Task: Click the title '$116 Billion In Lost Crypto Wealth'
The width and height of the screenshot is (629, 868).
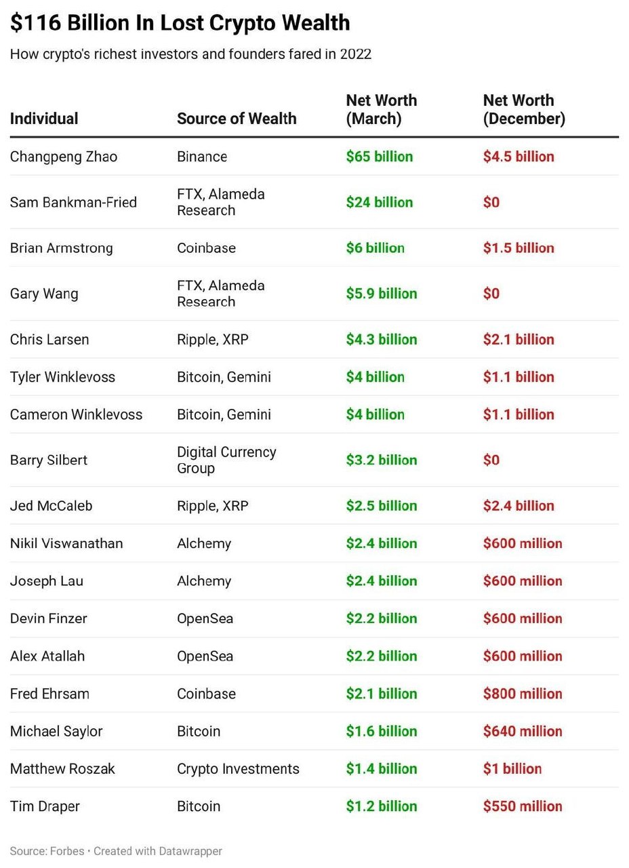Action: (180, 23)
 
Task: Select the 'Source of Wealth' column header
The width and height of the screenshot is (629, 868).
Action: (237, 119)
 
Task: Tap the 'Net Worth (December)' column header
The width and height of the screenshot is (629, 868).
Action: (524, 109)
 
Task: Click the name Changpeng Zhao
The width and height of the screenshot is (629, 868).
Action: (64, 157)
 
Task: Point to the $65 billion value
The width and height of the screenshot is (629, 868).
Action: (380, 157)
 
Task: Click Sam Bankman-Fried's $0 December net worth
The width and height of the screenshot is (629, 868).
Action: (491, 202)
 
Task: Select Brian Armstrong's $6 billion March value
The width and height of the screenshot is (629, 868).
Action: (376, 248)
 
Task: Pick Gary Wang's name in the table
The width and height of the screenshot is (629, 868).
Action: (44, 294)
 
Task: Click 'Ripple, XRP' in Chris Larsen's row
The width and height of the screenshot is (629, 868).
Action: (213, 340)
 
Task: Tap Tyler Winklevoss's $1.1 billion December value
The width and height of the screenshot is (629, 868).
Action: (519, 377)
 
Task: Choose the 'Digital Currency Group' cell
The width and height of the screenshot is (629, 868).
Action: (226, 460)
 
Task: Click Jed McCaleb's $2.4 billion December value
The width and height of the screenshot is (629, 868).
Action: (519, 506)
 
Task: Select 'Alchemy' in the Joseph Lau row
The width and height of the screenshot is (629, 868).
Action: (204, 582)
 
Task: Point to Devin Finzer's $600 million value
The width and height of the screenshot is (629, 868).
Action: (523, 619)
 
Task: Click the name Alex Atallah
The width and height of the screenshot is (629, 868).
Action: (47, 656)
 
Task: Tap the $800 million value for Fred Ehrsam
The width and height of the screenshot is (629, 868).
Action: (523, 694)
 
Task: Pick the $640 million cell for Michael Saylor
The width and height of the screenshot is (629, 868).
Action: (523, 732)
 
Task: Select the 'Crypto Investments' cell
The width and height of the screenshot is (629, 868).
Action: (238, 770)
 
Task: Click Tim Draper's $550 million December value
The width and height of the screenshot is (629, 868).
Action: (523, 807)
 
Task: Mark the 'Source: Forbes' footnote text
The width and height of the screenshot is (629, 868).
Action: (47, 851)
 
